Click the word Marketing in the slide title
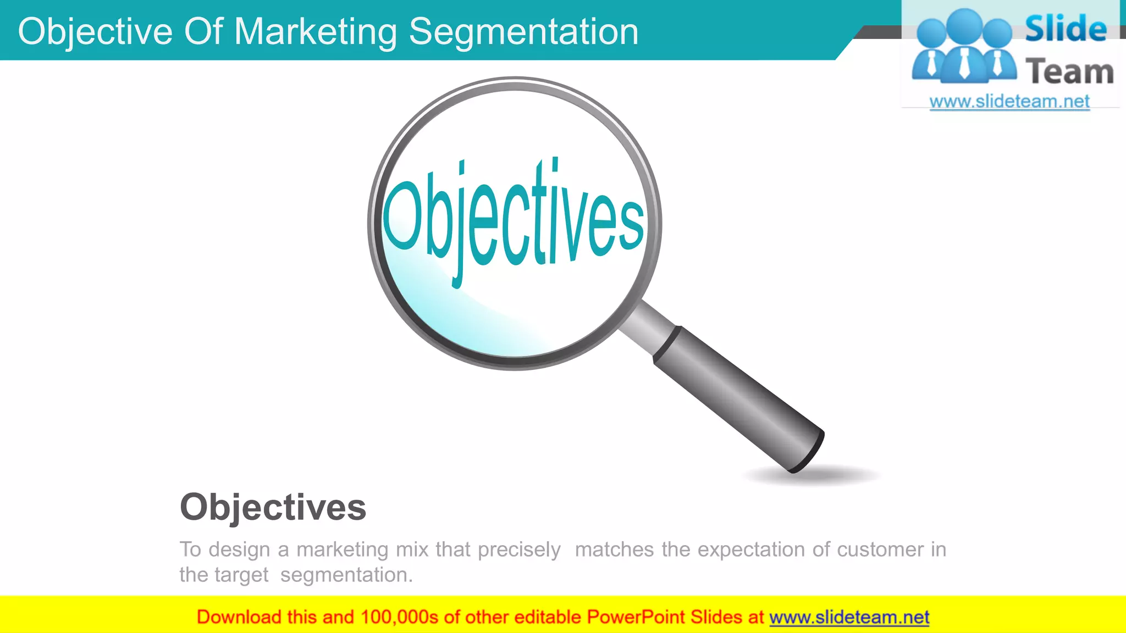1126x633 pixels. pyautogui.click(x=316, y=31)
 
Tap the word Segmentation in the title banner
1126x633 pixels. pyautogui.click(x=523, y=31)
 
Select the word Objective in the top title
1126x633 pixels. pyautogui.click(x=95, y=31)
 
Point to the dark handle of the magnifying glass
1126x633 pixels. pyautogui.click(x=739, y=398)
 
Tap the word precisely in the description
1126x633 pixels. pyautogui.click(x=519, y=549)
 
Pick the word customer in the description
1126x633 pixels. pyautogui.click(x=880, y=549)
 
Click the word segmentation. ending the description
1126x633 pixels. pyautogui.click(x=346, y=575)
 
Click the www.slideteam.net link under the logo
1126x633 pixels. pyautogui.click(x=1009, y=102)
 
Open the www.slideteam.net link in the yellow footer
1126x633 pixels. pyautogui.click(x=849, y=617)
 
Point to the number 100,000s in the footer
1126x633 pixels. pyautogui.click(x=399, y=617)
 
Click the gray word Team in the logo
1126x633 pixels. pyautogui.click(x=1069, y=72)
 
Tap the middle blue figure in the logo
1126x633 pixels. pyautogui.click(x=965, y=47)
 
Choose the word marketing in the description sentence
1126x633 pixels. pyautogui.click(x=343, y=549)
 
